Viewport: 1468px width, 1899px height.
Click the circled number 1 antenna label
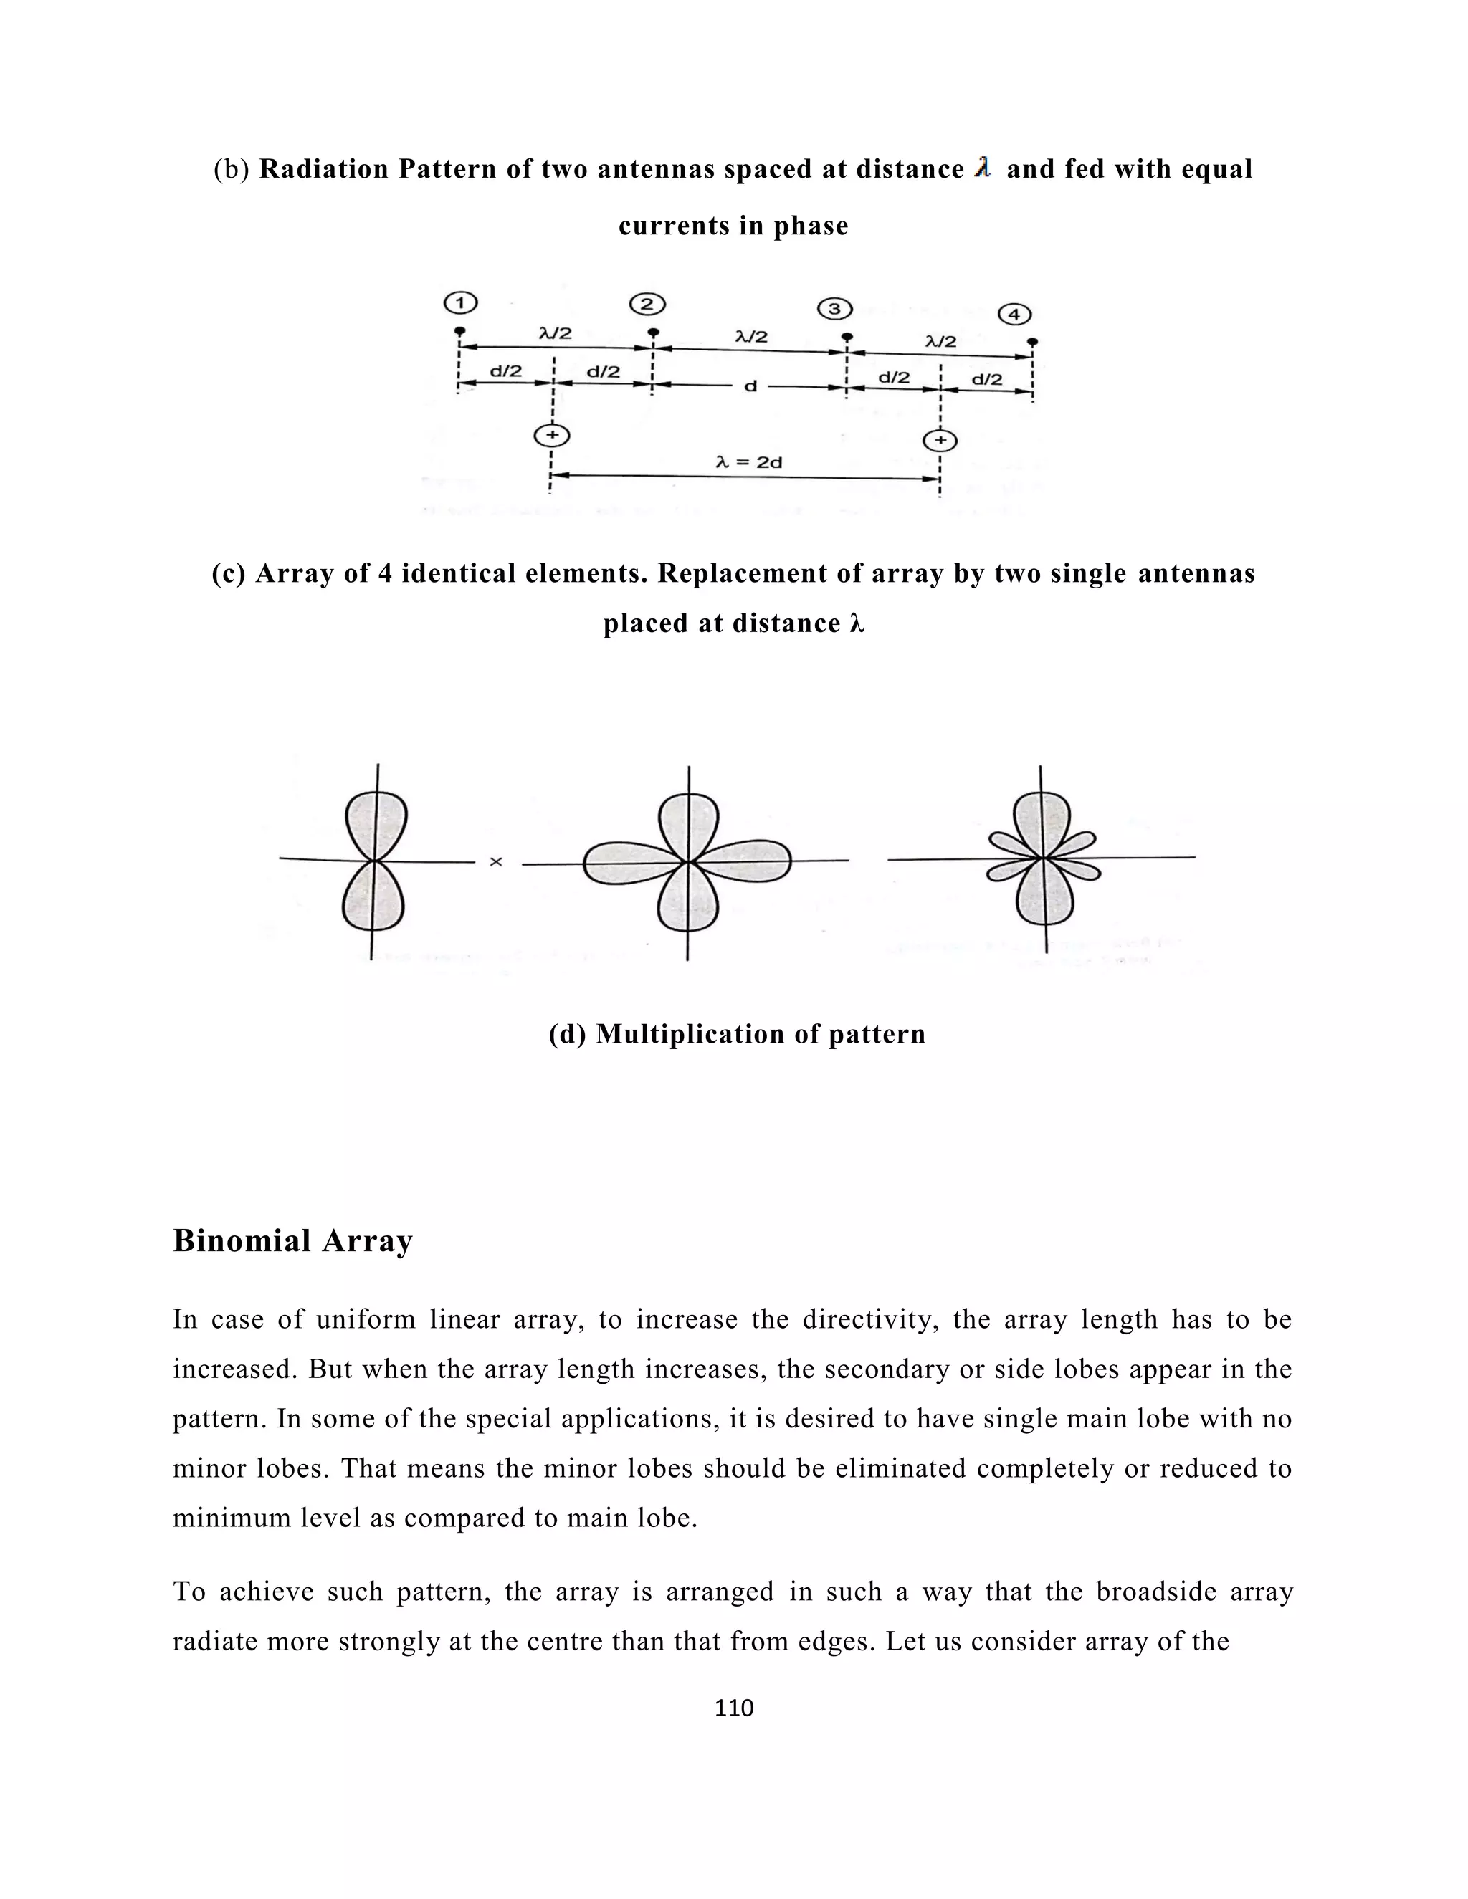(460, 302)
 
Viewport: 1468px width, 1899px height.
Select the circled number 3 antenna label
(835, 309)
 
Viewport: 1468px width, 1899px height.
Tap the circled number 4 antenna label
(1014, 314)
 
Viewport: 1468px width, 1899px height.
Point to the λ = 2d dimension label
(749, 463)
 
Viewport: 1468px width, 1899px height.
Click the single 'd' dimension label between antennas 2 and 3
(750, 386)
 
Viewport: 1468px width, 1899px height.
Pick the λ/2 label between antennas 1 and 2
(556, 333)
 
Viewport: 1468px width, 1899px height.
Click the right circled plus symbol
(940, 440)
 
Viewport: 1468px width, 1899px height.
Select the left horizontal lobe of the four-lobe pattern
(631, 863)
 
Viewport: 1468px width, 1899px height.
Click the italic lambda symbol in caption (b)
(983, 168)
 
